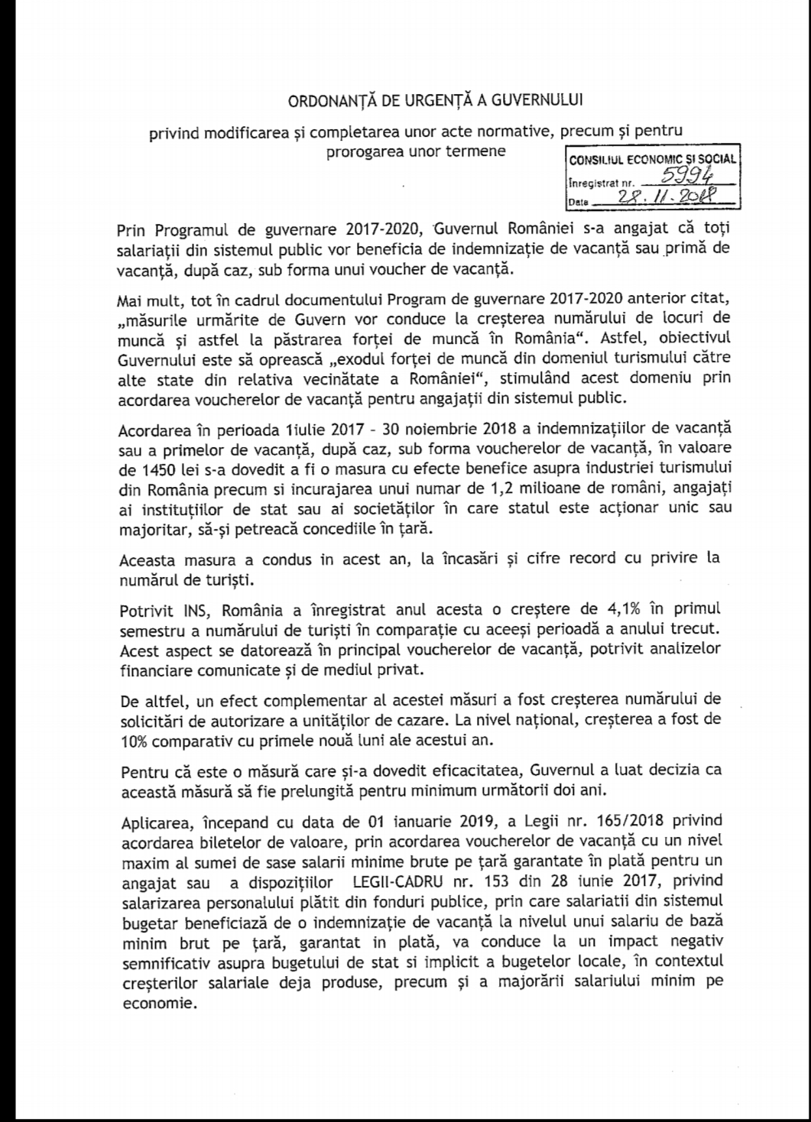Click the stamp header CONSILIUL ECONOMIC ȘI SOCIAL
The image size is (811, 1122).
click(651, 160)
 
